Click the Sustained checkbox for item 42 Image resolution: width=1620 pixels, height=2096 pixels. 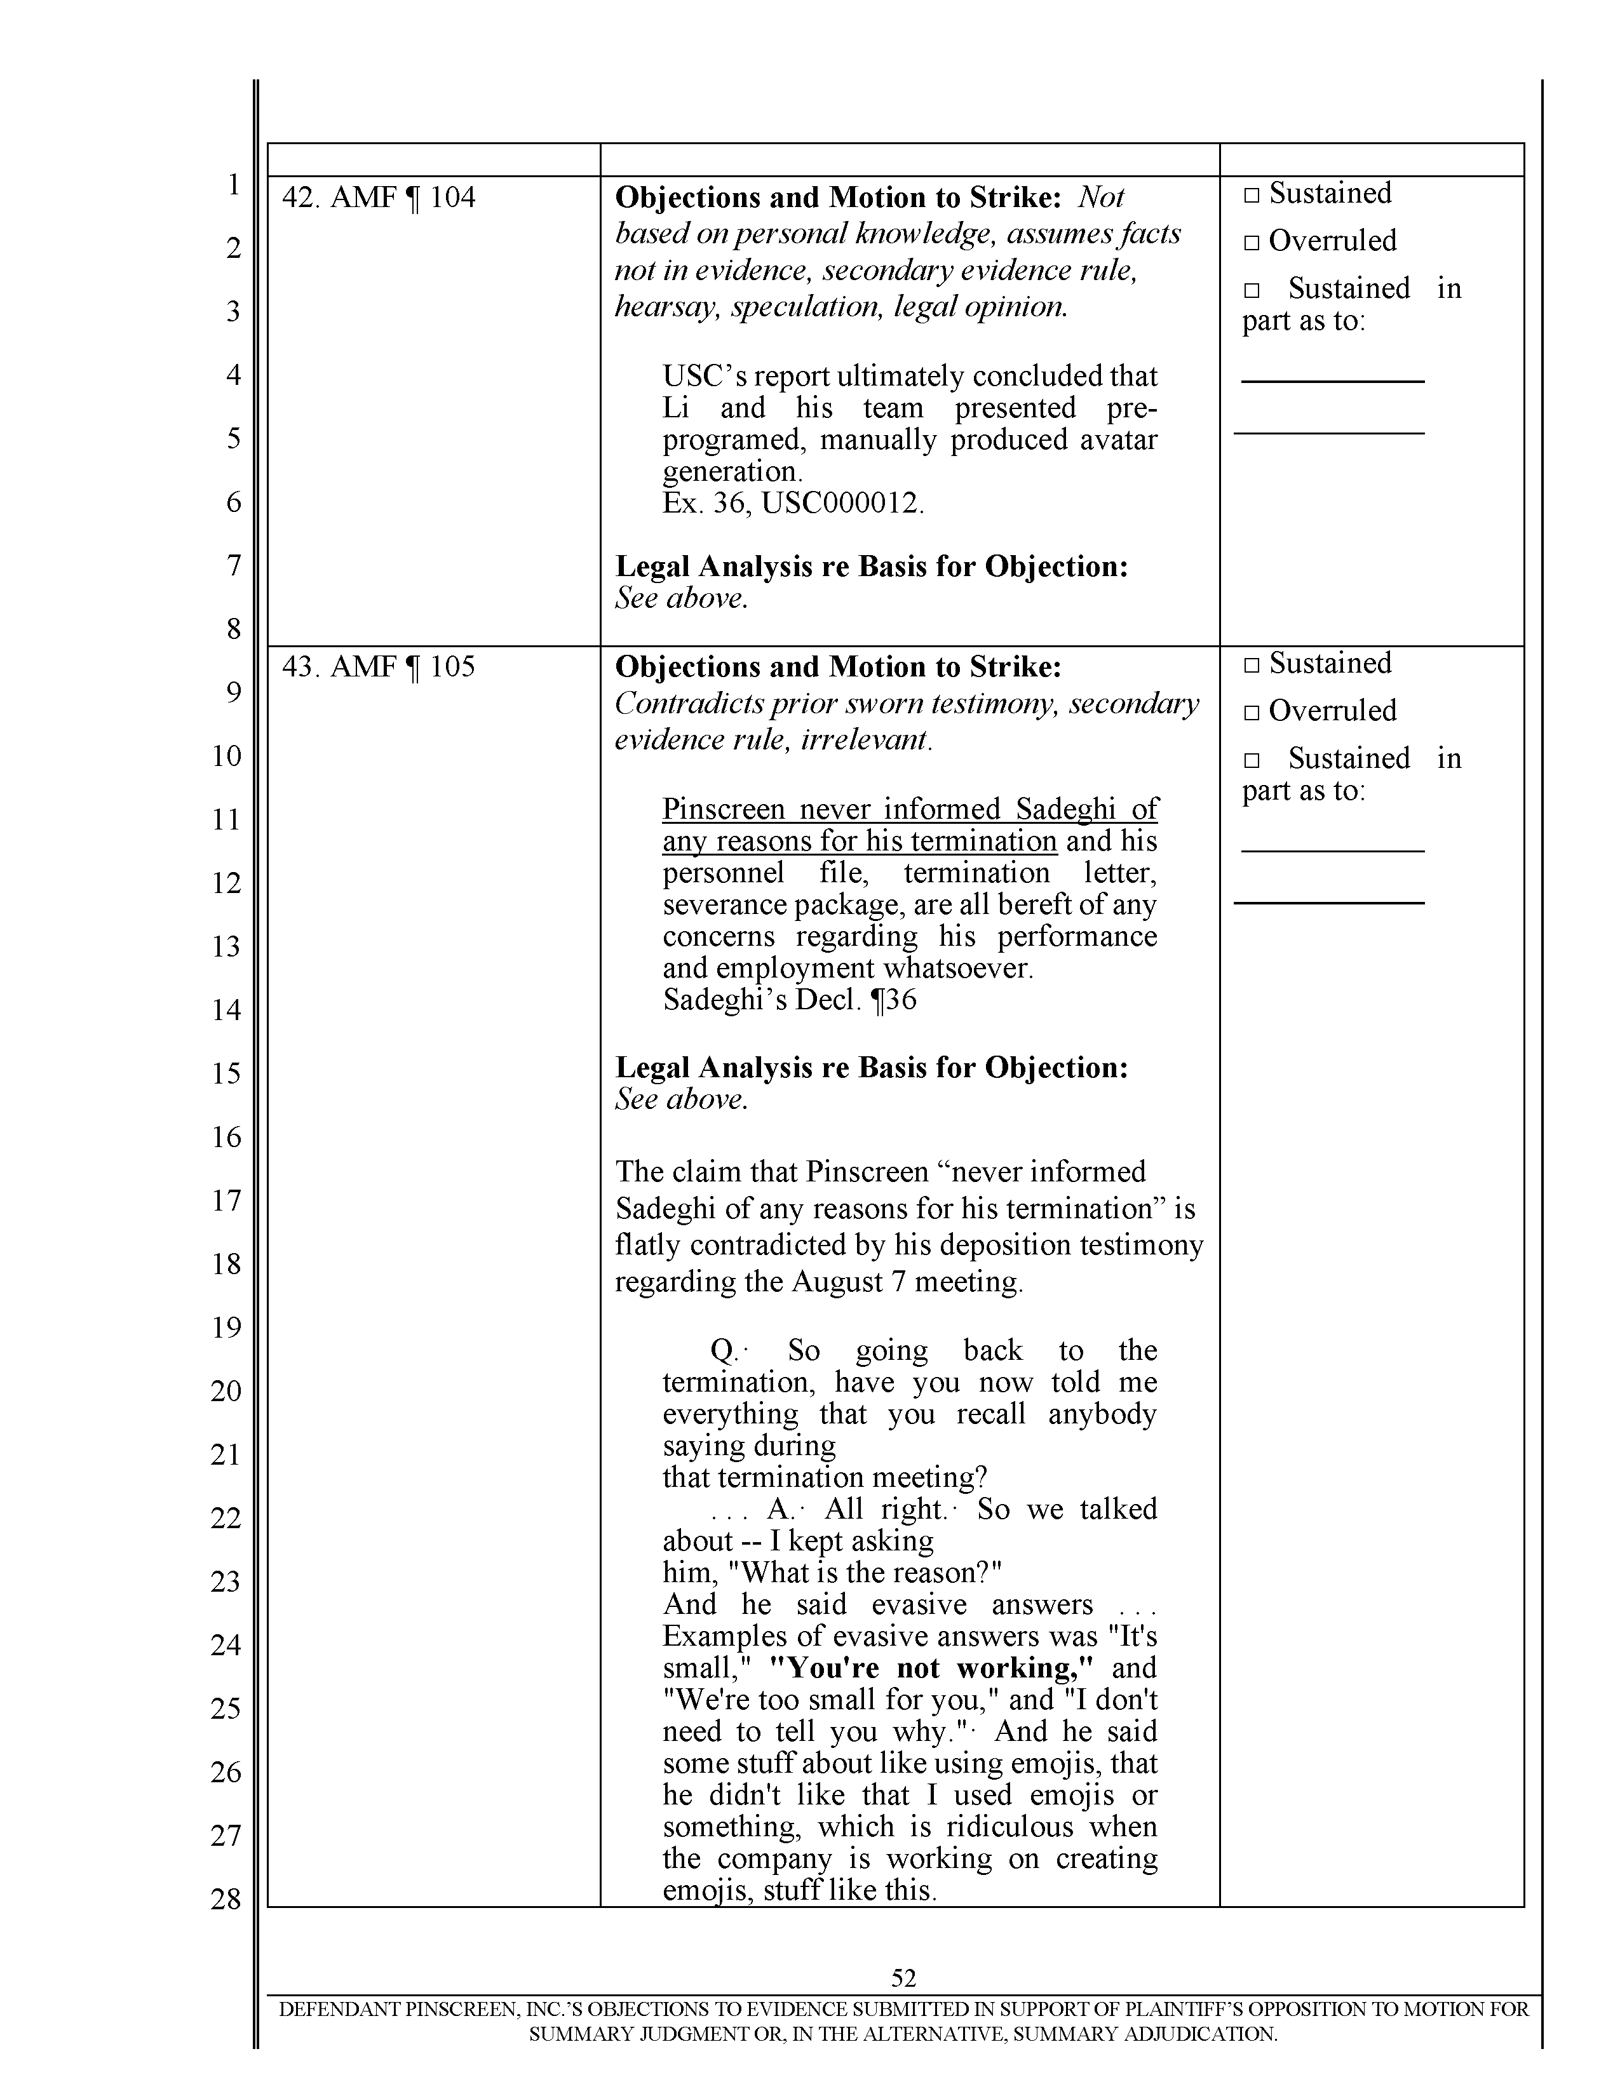1250,195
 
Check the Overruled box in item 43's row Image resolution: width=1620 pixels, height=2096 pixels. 1250,712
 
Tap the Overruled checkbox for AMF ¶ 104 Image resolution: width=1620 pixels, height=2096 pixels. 1250,243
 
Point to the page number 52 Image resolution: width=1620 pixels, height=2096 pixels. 903,1977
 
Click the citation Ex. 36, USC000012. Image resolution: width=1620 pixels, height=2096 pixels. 793,503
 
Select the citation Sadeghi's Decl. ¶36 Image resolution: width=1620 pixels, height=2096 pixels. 789,1000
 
